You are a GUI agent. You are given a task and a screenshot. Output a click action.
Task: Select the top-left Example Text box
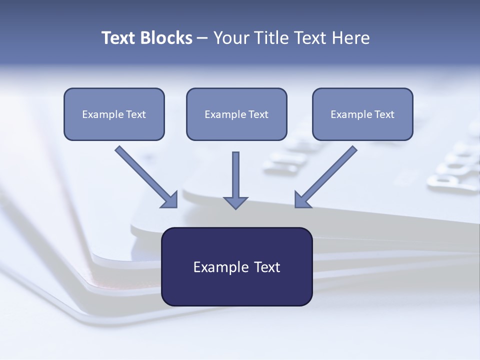pyautogui.click(x=114, y=114)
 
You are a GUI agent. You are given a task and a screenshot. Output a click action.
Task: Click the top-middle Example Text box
pyautogui.click(x=236, y=114)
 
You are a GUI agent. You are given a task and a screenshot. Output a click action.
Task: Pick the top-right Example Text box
pyautogui.click(x=362, y=114)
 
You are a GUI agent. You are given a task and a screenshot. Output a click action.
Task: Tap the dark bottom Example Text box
pyautogui.click(x=236, y=266)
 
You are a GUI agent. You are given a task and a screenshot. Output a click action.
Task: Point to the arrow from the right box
pyautogui.click(x=327, y=175)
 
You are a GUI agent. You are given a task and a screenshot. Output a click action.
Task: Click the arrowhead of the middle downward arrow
pyautogui.click(x=235, y=202)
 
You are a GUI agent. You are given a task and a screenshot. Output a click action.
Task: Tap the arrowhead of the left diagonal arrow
pyautogui.click(x=170, y=200)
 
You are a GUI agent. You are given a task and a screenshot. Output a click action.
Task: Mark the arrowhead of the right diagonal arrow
pyautogui.click(x=302, y=200)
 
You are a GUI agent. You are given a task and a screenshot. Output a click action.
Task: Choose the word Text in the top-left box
pyautogui.click(x=136, y=114)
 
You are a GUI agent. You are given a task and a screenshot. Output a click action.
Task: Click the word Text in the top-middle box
pyautogui.click(x=258, y=114)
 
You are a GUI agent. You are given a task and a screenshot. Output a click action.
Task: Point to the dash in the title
pyautogui.click(x=202, y=38)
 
